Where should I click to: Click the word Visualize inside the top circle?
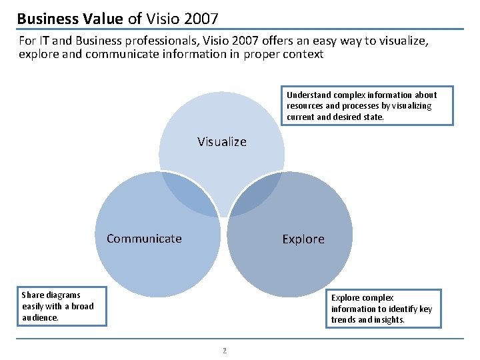point(222,141)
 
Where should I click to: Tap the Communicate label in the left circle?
point(144,239)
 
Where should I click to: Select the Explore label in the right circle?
point(303,239)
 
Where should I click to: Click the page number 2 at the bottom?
point(225,350)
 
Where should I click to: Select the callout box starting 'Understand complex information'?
point(369,105)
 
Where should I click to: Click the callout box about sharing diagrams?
point(63,306)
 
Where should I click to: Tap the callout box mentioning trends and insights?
point(386,309)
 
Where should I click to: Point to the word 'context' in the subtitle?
point(303,55)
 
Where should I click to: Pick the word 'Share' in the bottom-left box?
point(33,295)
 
